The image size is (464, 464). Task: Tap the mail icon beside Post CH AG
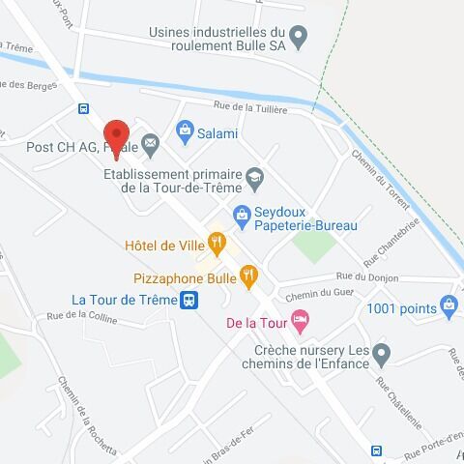pos(151,146)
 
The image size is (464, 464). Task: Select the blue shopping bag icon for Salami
pos(184,130)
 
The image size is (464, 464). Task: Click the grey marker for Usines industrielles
pos(299,39)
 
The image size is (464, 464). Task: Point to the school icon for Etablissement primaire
pos(254,175)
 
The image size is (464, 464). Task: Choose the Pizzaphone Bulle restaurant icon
pos(248,276)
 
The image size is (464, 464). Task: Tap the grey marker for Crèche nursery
pos(382,353)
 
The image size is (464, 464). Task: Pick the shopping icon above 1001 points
pos(448,307)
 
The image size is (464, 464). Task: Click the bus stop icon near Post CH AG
pos(84,108)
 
